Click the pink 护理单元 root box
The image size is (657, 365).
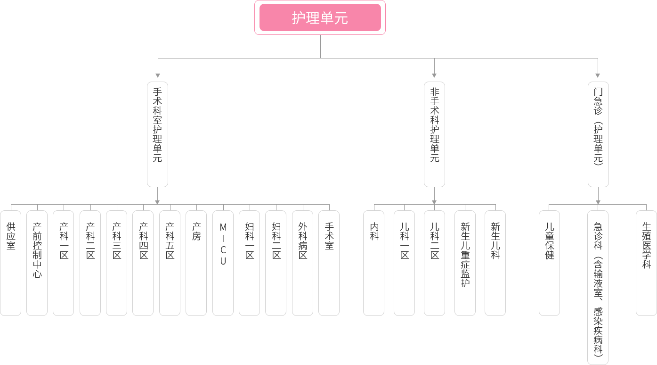(320, 18)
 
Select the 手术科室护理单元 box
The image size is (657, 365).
(157, 134)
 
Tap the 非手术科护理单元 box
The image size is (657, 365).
(434, 134)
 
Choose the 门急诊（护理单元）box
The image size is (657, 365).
(598, 134)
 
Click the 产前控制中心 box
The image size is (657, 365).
(37, 263)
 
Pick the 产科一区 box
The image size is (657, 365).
(63, 263)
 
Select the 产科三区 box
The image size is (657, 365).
(116, 263)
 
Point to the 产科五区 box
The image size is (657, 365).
(170, 263)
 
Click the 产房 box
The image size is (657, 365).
(196, 263)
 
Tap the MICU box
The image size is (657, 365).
(223, 263)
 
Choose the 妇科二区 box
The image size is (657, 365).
(276, 263)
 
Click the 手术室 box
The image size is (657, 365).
(329, 263)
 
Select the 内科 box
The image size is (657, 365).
(373, 263)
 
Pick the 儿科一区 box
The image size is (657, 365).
(404, 263)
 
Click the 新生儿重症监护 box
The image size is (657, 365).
(465, 263)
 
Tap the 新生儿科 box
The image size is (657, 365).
(495, 263)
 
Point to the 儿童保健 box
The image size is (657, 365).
(549, 263)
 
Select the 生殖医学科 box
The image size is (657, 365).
(646, 263)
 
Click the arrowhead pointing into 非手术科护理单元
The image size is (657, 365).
(434, 75)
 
